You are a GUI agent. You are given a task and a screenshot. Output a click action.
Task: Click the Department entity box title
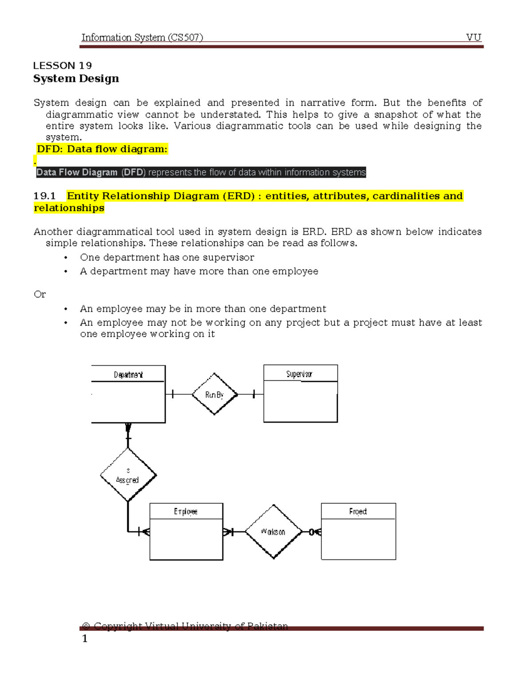pyautogui.click(x=128, y=375)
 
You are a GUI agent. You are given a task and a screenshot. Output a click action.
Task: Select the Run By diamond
pyautogui.click(x=215, y=394)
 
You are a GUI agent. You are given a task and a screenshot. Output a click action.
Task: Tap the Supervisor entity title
pyautogui.click(x=299, y=374)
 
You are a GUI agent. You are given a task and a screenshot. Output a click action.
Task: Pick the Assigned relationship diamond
pyautogui.click(x=128, y=475)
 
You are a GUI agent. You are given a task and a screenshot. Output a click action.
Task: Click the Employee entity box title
pyautogui.click(x=186, y=512)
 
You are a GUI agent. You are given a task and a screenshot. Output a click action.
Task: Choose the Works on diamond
pyautogui.click(x=274, y=532)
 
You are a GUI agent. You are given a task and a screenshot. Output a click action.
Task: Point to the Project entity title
pyautogui.click(x=358, y=512)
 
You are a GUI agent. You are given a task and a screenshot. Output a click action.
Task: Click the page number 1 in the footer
pyautogui.click(x=85, y=639)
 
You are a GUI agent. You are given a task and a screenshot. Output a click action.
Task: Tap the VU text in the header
pyautogui.click(x=473, y=37)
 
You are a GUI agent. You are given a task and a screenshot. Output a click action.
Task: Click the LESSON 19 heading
pyautogui.click(x=63, y=66)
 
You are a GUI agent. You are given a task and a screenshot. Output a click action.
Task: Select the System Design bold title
pyautogui.click(x=76, y=79)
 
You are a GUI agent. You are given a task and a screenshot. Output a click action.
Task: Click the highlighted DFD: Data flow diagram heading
pyautogui.click(x=102, y=149)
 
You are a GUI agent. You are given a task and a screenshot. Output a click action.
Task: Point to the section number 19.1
pyautogui.click(x=44, y=196)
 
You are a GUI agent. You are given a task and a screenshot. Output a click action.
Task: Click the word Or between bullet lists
pyautogui.click(x=39, y=295)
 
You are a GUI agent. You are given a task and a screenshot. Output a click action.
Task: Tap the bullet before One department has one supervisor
pyautogui.click(x=66, y=258)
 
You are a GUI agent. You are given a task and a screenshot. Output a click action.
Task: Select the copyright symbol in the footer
pyautogui.click(x=86, y=626)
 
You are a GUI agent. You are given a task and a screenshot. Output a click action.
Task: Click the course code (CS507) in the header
pyautogui.click(x=185, y=37)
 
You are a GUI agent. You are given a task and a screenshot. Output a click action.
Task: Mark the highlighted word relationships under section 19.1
pyautogui.click(x=69, y=208)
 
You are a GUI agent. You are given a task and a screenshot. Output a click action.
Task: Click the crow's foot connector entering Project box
pyautogui.click(x=316, y=532)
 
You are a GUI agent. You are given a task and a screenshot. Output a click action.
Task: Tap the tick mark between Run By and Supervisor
pyautogui.click(x=254, y=394)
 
